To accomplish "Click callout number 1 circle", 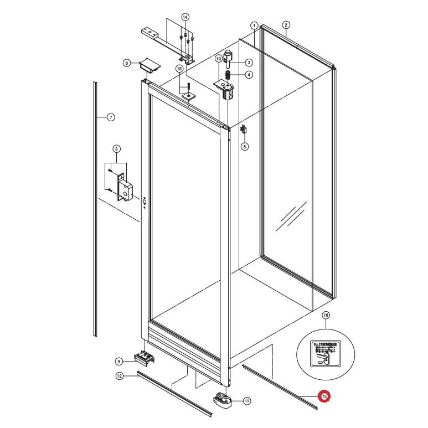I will coord(254,25).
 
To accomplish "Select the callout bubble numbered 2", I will coord(286,25).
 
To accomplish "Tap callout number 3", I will coord(249,63).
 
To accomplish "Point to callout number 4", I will coord(249,75).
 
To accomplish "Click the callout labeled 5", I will coord(245,147).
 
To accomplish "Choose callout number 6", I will coord(127,64).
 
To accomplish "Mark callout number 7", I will coord(110,117).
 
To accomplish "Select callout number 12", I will coord(118,377).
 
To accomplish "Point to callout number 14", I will coord(185,17).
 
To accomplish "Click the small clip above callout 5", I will coord(244,130).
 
